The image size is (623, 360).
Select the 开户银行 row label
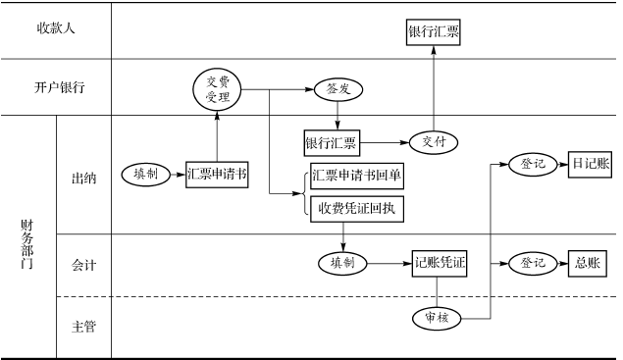55,87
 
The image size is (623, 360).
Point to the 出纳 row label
83,179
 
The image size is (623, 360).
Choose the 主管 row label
83,327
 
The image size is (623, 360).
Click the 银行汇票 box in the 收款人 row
433,31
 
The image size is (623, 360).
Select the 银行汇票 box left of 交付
332,143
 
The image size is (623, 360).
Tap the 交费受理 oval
217,89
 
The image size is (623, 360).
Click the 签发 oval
338,89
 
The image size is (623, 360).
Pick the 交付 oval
433,143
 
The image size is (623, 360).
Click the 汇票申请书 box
217,175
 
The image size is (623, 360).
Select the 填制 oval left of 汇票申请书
146,175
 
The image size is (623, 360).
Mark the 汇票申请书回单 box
355,177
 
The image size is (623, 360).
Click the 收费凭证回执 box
355,207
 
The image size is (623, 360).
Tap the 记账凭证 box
439,263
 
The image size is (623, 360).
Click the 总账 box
588,263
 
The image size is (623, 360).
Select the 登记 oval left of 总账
533,263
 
